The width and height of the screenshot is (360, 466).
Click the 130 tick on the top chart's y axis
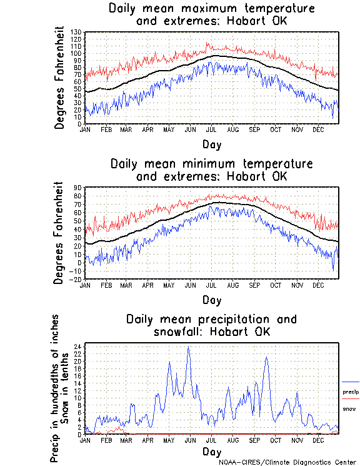(x=77, y=32)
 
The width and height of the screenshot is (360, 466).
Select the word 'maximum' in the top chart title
(x=206, y=9)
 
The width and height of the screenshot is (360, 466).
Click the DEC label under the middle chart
(x=318, y=285)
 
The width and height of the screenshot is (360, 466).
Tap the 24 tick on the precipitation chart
(x=78, y=346)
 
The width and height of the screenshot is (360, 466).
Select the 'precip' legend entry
(x=351, y=392)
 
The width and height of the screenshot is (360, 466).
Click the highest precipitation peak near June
(x=188, y=348)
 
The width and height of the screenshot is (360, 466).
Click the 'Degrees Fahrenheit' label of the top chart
(x=60, y=78)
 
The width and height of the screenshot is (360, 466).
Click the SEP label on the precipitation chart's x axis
(x=254, y=440)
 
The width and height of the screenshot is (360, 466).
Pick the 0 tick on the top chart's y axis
(x=79, y=124)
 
